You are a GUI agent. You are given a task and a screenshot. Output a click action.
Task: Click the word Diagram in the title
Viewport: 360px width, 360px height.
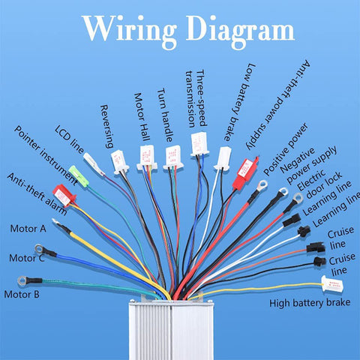pos(240,31)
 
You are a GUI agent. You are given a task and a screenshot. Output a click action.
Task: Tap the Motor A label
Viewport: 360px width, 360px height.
pos(28,229)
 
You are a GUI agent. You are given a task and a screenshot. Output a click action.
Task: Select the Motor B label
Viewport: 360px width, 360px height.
pos(22,294)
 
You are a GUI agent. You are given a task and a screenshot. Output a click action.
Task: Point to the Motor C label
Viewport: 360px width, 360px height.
pos(27,258)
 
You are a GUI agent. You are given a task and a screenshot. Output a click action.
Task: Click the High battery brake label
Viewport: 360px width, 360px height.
pos(310,303)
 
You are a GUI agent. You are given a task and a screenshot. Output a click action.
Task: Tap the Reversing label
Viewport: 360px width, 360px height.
pos(107,127)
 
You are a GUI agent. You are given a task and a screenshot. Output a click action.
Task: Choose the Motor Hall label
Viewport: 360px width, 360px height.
pos(142,117)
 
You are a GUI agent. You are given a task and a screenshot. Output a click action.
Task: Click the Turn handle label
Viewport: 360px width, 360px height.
pos(165,115)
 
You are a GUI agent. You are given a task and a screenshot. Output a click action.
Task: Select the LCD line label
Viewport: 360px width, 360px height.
pos(69,139)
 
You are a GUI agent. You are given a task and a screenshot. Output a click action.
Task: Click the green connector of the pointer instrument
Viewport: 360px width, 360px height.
pos(79,176)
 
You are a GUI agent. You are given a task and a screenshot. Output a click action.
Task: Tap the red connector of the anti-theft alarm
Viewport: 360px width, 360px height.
pos(64,195)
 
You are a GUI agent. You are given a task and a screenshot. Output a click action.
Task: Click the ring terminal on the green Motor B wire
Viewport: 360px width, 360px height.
pos(22,280)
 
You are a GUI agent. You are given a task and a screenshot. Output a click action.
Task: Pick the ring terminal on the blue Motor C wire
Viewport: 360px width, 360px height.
pos(40,249)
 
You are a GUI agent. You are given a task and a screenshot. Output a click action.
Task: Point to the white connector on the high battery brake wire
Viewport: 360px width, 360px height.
pos(332,284)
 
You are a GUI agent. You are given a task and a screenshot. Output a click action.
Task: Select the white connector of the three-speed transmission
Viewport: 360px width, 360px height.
pos(199,144)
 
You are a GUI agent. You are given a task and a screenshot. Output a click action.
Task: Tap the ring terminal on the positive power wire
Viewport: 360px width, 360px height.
pos(262,185)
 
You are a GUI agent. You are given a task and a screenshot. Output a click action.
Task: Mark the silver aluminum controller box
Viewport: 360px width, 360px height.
pos(172,329)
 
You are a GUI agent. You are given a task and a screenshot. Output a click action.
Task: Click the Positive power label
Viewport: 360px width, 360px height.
pos(286,149)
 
